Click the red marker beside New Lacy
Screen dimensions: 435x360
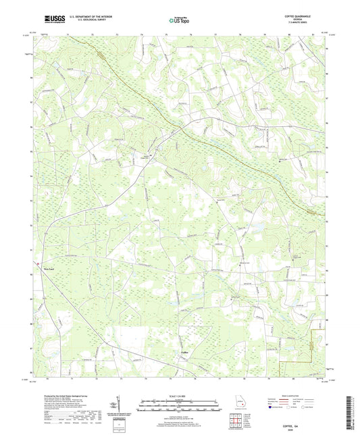tap(39, 263)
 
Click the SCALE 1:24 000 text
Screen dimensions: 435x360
tap(178, 396)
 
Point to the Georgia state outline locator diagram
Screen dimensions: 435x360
tap(240, 405)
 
